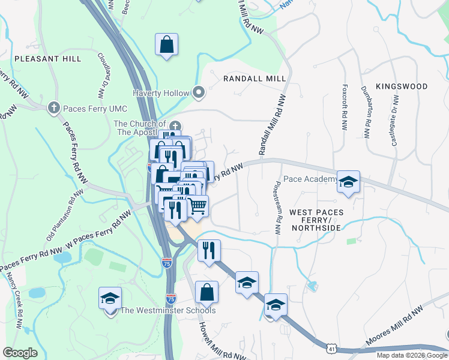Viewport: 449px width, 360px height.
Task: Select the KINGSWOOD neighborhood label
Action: tap(402, 87)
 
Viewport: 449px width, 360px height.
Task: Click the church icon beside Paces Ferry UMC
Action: tap(53, 107)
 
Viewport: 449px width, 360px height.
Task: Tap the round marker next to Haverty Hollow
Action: tap(199, 92)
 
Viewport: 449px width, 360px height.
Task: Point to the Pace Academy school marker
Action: tap(348, 182)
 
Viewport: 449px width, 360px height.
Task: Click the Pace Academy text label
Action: tap(310, 179)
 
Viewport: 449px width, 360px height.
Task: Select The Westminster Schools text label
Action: tap(168, 310)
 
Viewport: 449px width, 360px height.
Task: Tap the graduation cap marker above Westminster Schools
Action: tap(110, 299)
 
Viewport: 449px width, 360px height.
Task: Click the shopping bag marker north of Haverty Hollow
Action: tap(166, 44)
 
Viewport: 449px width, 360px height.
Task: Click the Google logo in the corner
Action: tap(20, 352)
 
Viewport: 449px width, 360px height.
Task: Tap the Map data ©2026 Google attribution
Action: tap(411, 355)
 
